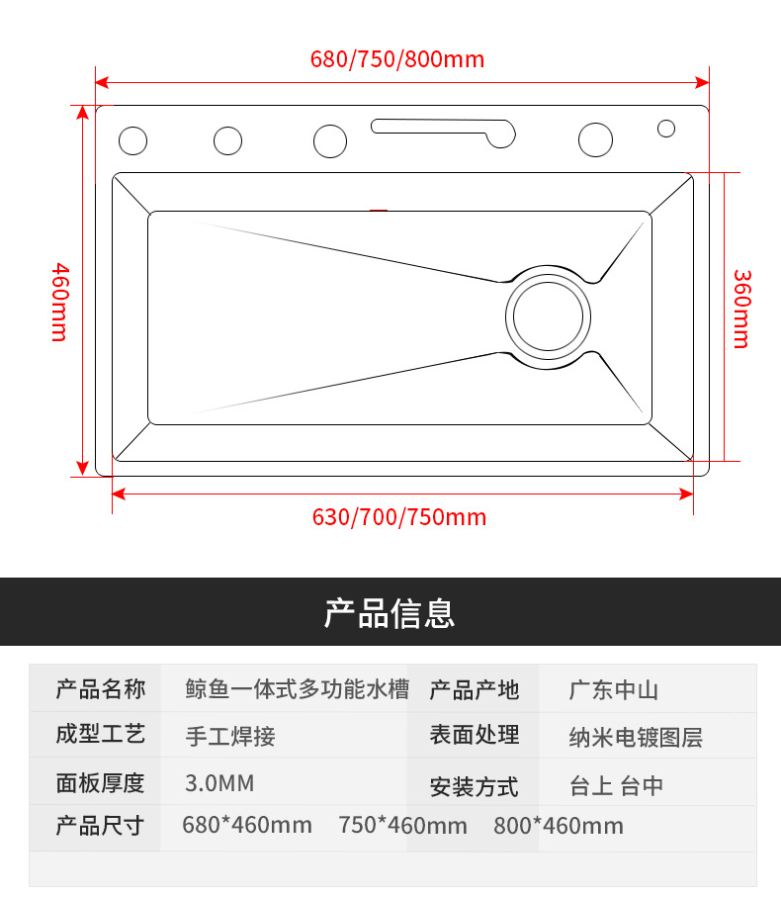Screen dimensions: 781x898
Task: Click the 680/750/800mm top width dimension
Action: pyautogui.click(x=397, y=59)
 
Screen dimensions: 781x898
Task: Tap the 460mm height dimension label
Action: pyautogui.click(x=59, y=302)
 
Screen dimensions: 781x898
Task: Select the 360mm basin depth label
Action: pyautogui.click(x=740, y=309)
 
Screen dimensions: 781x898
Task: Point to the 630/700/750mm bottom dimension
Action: pyautogui.click(x=399, y=517)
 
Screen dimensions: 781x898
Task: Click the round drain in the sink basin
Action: pyautogui.click(x=549, y=316)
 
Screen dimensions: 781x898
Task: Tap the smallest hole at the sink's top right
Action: pyautogui.click(x=666, y=128)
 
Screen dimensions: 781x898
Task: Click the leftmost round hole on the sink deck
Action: pyautogui.click(x=132, y=140)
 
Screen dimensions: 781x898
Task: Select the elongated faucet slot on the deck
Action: pyautogui.click(x=443, y=130)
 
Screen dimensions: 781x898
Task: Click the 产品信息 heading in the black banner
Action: pyautogui.click(x=390, y=613)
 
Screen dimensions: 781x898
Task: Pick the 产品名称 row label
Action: pyautogui.click(x=101, y=689)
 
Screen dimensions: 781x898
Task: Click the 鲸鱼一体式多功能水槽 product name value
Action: pyautogui.click(x=297, y=689)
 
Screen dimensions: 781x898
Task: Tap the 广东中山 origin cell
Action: pyautogui.click(x=613, y=690)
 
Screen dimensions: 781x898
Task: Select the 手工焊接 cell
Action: pyautogui.click(x=230, y=736)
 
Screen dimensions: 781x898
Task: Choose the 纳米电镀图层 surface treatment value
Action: pyautogui.click(x=636, y=738)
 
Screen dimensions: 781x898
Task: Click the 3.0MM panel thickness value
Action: pyautogui.click(x=219, y=784)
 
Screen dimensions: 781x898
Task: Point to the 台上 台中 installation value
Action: pyautogui.click(x=616, y=786)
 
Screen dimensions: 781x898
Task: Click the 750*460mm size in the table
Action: pyautogui.click(x=402, y=825)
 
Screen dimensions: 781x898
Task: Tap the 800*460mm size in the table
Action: pyautogui.click(x=559, y=826)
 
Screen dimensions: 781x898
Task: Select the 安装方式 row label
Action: pyautogui.click(x=474, y=787)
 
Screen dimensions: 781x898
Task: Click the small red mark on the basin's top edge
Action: pyautogui.click(x=378, y=210)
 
